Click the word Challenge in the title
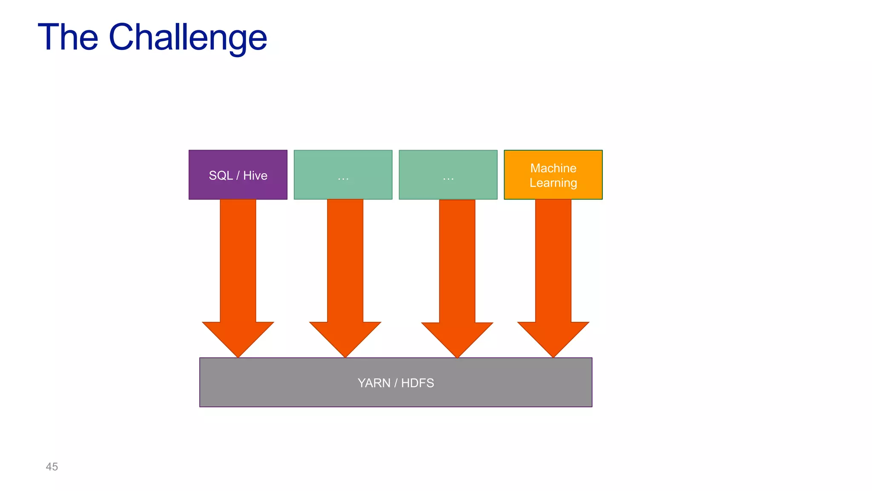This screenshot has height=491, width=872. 188,38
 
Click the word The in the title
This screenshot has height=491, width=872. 68,38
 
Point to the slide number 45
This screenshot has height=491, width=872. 52,467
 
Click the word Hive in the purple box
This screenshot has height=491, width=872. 255,176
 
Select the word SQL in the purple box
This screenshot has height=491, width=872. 221,176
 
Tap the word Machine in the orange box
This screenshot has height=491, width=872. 553,168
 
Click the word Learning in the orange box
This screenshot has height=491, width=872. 553,183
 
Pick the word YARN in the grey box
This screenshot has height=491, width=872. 374,383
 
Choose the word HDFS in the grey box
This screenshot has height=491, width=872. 417,383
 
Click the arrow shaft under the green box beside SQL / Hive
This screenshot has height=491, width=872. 345,260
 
